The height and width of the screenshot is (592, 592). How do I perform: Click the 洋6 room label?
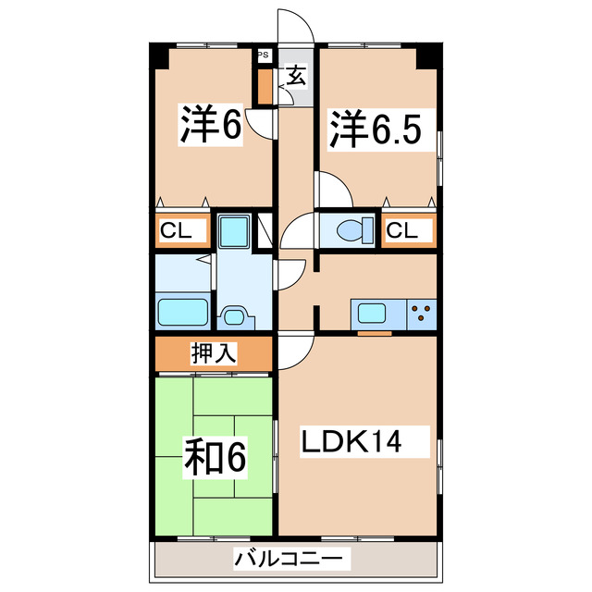coord(211,126)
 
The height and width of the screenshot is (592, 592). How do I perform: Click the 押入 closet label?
coord(214,352)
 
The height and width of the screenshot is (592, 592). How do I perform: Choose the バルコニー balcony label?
coord(292,558)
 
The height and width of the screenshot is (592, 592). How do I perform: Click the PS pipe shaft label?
coord(264,55)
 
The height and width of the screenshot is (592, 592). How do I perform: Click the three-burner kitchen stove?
coord(422,313)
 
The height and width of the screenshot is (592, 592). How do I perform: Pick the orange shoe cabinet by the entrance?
coord(265,86)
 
